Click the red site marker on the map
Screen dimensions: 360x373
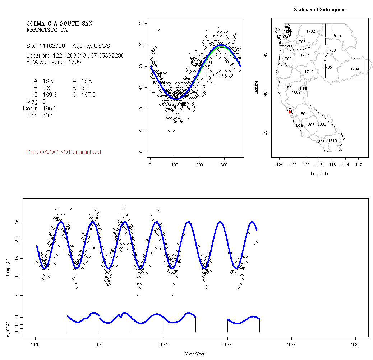click(x=290, y=112)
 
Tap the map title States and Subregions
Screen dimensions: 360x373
click(x=319, y=10)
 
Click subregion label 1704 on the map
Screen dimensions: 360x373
click(x=354, y=69)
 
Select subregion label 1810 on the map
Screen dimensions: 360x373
click(x=332, y=141)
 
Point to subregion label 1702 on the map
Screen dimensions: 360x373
click(x=310, y=32)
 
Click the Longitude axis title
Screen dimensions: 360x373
click(x=319, y=174)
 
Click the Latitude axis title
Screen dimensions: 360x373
click(x=257, y=87)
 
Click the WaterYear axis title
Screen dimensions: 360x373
click(x=195, y=354)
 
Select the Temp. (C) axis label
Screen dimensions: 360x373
click(x=8, y=268)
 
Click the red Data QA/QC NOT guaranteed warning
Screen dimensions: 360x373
click(x=64, y=152)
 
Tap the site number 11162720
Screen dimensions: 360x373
click(x=54, y=46)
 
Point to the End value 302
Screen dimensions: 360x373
click(x=47, y=115)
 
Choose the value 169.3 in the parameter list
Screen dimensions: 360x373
click(x=50, y=95)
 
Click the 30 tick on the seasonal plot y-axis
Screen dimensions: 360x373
click(x=141, y=23)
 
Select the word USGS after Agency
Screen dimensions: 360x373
click(x=102, y=46)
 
